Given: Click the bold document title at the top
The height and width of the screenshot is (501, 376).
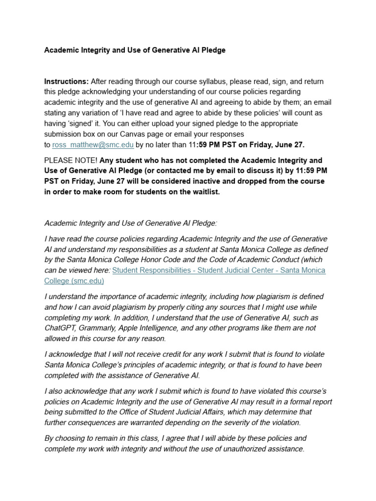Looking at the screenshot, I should (x=135, y=50).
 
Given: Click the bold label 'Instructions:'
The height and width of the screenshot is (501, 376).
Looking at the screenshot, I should (x=67, y=81).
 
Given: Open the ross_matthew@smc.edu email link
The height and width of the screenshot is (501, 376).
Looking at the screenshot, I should (x=93, y=144).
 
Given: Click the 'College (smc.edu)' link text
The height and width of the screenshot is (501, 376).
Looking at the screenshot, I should (x=74, y=281).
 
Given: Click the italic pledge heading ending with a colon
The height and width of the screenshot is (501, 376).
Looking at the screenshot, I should (x=130, y=223).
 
